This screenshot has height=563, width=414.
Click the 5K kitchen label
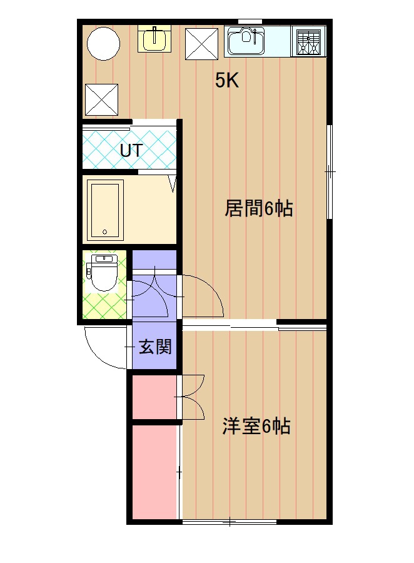227,80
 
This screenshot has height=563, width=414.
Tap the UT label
131,150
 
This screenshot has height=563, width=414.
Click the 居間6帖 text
258,208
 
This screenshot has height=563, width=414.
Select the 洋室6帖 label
256,426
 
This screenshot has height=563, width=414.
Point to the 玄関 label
155,347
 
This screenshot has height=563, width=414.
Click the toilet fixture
103,273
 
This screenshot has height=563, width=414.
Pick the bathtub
105,210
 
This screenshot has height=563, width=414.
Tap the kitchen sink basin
246,42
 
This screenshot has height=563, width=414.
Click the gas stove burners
309,42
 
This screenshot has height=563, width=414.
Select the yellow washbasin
154,39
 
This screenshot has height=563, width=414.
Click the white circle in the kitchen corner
103,44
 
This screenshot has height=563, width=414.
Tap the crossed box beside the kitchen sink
201,44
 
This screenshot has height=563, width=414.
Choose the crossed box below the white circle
101,100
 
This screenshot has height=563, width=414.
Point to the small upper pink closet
154,397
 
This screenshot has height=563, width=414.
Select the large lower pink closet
156,472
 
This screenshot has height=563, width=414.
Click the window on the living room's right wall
329,171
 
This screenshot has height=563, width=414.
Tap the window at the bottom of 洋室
230,522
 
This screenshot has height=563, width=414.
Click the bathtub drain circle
105,231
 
